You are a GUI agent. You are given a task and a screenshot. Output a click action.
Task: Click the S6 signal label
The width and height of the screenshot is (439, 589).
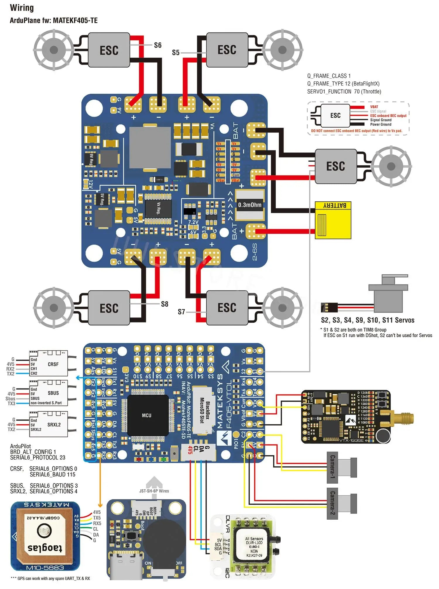[157, 45]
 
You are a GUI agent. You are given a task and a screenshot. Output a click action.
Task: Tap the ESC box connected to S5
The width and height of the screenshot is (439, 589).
[227, 50]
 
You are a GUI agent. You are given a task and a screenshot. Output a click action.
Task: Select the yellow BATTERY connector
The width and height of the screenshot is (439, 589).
[333, 220]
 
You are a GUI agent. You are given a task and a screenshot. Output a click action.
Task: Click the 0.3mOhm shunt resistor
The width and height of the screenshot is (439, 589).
[250, 205]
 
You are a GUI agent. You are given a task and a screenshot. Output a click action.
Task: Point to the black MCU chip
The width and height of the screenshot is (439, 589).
[147, 415]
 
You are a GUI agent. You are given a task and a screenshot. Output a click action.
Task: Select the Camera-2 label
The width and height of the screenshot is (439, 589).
[332, 503]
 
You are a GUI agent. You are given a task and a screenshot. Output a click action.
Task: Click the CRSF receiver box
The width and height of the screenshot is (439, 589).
[49, 363]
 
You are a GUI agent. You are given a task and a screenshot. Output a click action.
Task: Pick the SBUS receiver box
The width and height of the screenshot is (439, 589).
[49, 393]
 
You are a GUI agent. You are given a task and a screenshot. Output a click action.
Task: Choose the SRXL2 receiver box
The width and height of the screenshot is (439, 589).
[49, 424]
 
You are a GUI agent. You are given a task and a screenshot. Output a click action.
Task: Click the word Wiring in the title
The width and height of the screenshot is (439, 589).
[22, 8]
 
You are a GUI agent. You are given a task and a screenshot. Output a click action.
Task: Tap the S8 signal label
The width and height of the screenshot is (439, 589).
[165, 304]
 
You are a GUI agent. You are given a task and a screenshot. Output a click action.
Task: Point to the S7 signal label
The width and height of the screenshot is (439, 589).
[181, 312]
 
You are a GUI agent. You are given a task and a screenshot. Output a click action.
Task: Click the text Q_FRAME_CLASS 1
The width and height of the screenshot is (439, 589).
[329, 76]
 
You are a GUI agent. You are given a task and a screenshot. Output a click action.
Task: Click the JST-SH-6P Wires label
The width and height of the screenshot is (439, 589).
[154, 491]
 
